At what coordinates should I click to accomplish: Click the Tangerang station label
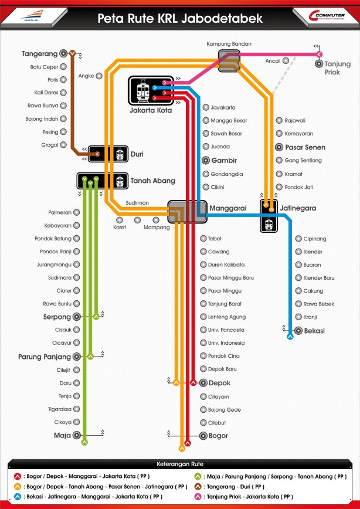tap(39, 53)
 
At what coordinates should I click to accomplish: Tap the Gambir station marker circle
tap(206, 161)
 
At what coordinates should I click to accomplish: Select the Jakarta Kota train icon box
tap(142, 91)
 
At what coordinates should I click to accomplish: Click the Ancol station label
tap(272, 60)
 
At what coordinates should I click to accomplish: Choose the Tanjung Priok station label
tap(337, 68)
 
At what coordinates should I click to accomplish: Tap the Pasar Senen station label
tap(304, 147)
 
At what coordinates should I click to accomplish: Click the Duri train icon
tap(120, 154)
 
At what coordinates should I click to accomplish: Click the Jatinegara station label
tap(298, 208)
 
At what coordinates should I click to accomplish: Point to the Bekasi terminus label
tap(314, 331)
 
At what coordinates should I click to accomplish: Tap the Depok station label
tap(219, 383)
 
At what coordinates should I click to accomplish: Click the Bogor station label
tap(218, 436)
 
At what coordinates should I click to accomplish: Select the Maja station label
tap(62, 435)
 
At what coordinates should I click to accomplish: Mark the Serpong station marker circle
tap(76, 317)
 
